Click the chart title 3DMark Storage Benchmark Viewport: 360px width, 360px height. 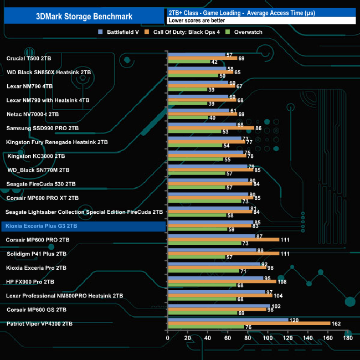point(82,16)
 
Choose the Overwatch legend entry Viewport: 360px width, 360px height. point(246,32)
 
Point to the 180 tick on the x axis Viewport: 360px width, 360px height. point(347,337)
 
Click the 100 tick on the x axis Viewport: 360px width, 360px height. point(268,337)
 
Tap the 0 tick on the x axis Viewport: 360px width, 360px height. point(168,337)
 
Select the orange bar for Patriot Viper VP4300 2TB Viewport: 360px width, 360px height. point(249,323)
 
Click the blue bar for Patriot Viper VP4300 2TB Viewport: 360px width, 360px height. point(228,320)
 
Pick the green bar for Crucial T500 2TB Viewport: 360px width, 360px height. point(188,61)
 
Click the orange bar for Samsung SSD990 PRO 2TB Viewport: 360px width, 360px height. point(210,128)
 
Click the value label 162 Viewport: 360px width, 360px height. point(336,323)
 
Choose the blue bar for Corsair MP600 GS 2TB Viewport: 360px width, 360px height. point(218,306)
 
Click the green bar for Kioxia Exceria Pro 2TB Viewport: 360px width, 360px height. point(203,271)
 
